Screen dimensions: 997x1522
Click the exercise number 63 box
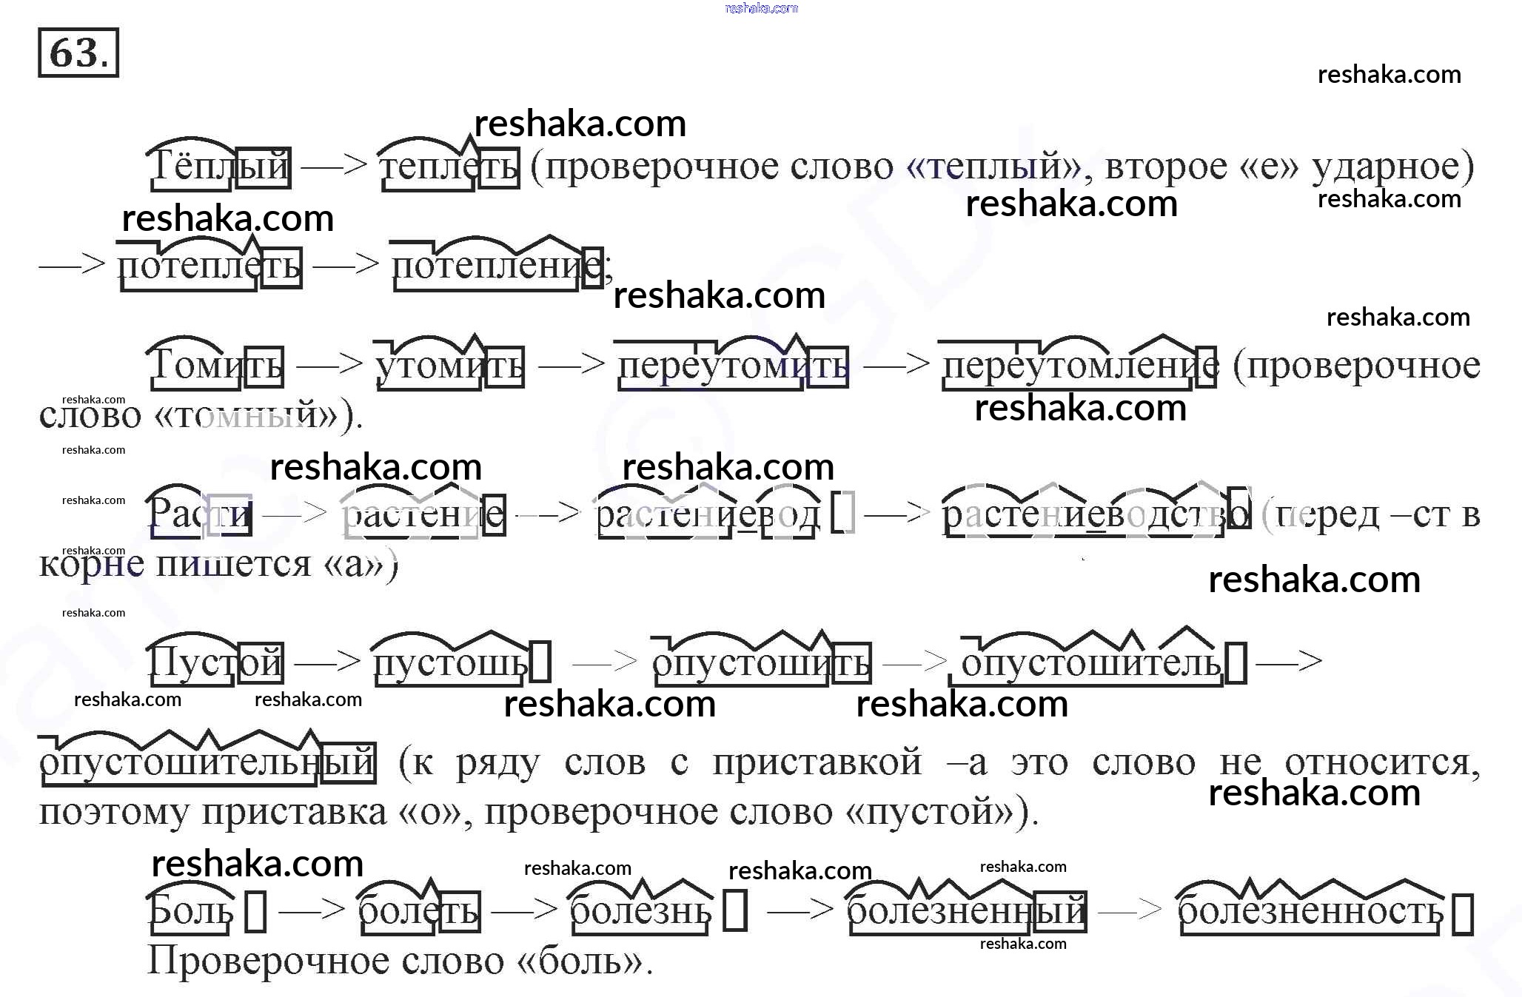tap(78, 53)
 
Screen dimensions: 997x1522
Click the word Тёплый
tap(219, 166)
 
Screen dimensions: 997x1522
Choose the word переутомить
tap(733, 365)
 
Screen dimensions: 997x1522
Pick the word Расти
tap(200, 513)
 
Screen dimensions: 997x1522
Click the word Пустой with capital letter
tap(215, 661)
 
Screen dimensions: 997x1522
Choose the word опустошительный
tap(207, 762)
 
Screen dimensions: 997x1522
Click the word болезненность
tap(1310, 910)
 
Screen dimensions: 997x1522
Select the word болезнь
tap(641, 910)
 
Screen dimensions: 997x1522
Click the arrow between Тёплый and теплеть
tap(334, 164)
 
